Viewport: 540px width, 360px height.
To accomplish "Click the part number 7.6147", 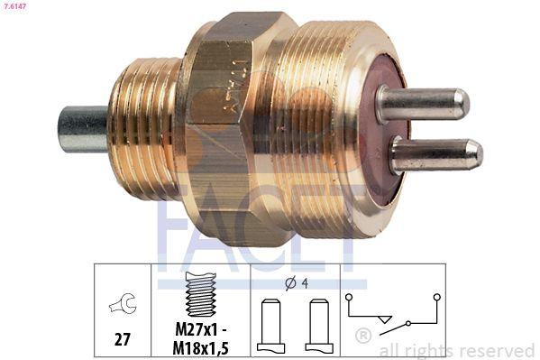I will [16, 7].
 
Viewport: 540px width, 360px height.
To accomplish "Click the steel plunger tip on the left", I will [83, 128].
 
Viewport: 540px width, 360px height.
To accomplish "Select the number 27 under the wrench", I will [122, 338].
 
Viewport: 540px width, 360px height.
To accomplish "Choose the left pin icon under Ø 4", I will [270, 324].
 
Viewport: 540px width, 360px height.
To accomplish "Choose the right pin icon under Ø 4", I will [319, 324].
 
